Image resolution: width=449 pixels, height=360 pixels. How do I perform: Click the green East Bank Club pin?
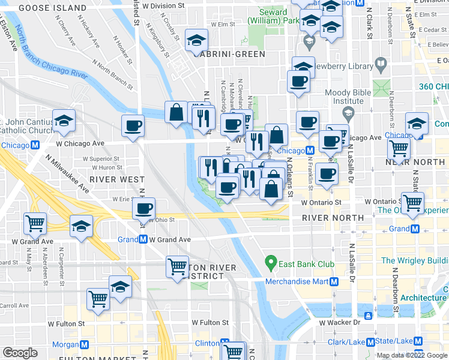pos(271,262)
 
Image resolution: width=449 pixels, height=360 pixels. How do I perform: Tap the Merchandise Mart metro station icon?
pos(334,281)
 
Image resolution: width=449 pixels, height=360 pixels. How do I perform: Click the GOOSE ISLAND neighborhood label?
pos(52,8)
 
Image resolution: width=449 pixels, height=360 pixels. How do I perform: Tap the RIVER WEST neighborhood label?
pos(116,179)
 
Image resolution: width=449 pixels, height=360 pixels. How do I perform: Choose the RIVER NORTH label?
pos(333,217)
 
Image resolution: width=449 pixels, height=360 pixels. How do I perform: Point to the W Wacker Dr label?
pos(339,323)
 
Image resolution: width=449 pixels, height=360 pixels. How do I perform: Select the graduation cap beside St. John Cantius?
pos(64,121)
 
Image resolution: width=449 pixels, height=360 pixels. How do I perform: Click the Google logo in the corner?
pos(20,352)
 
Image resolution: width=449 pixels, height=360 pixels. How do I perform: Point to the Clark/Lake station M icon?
pos(370,342)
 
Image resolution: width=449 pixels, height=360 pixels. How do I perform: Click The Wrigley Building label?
pos(415,260)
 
